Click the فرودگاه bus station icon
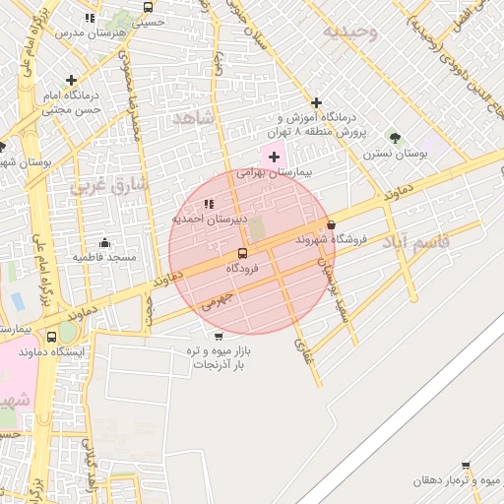(x=242, y=253)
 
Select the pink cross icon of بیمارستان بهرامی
(x=273, y=157)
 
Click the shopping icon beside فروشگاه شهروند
(x=330, y=224)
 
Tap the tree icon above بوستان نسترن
(x=395, y=138)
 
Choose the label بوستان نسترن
(x=395, y=154)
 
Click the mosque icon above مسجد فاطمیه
(x=104, y=242)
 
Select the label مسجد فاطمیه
(x=102, y=257)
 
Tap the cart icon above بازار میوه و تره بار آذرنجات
(x=218, y=336)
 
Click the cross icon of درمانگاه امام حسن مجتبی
(x=71, y=80)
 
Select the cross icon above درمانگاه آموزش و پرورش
(x=316, y=102)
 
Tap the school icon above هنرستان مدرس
(x=91, y=18)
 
